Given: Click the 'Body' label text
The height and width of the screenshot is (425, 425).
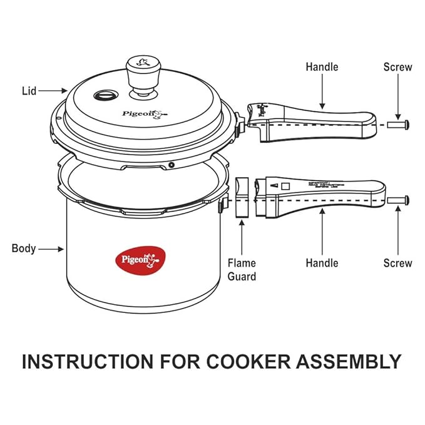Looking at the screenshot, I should point(23,248).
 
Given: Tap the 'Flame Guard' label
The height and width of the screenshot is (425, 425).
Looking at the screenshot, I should point(242,270).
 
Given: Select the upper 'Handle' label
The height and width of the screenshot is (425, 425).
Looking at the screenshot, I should point(321,66).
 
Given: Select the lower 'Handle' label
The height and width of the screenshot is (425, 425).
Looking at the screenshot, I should point(321,264).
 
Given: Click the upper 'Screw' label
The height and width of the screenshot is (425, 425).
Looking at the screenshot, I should point(397,66).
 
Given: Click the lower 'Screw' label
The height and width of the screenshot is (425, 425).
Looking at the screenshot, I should point(397,264).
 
